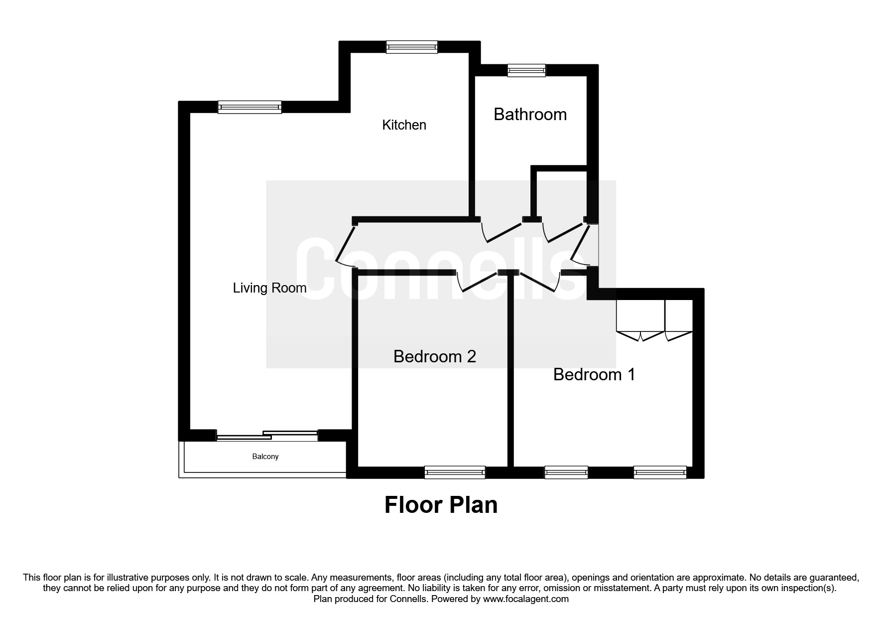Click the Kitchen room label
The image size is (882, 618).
[x=404, y=125]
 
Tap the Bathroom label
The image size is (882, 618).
[x=530, y=114]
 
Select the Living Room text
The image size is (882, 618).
[x=269, y=288]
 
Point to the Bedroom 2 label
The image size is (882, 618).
[x=434, y=356]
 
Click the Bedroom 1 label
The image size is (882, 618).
[x=594, y=374]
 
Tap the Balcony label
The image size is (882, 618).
[x=265, y=457]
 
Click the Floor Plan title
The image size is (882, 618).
[x=441, y=505]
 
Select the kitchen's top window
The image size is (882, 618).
[x=412, y=47]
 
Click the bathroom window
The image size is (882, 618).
[x=526, y=71]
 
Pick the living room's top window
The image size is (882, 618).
[x=250, y=107]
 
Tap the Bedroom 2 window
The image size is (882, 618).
[x=454, y=472]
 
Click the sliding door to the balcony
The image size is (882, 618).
[x=267, y=435]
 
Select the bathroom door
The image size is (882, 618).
[x=501, y=232]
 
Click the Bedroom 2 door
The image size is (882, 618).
[x=477, y=282]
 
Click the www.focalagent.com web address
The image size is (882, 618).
[x=525, y=599]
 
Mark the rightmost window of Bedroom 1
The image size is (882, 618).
[x=660, y=472]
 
